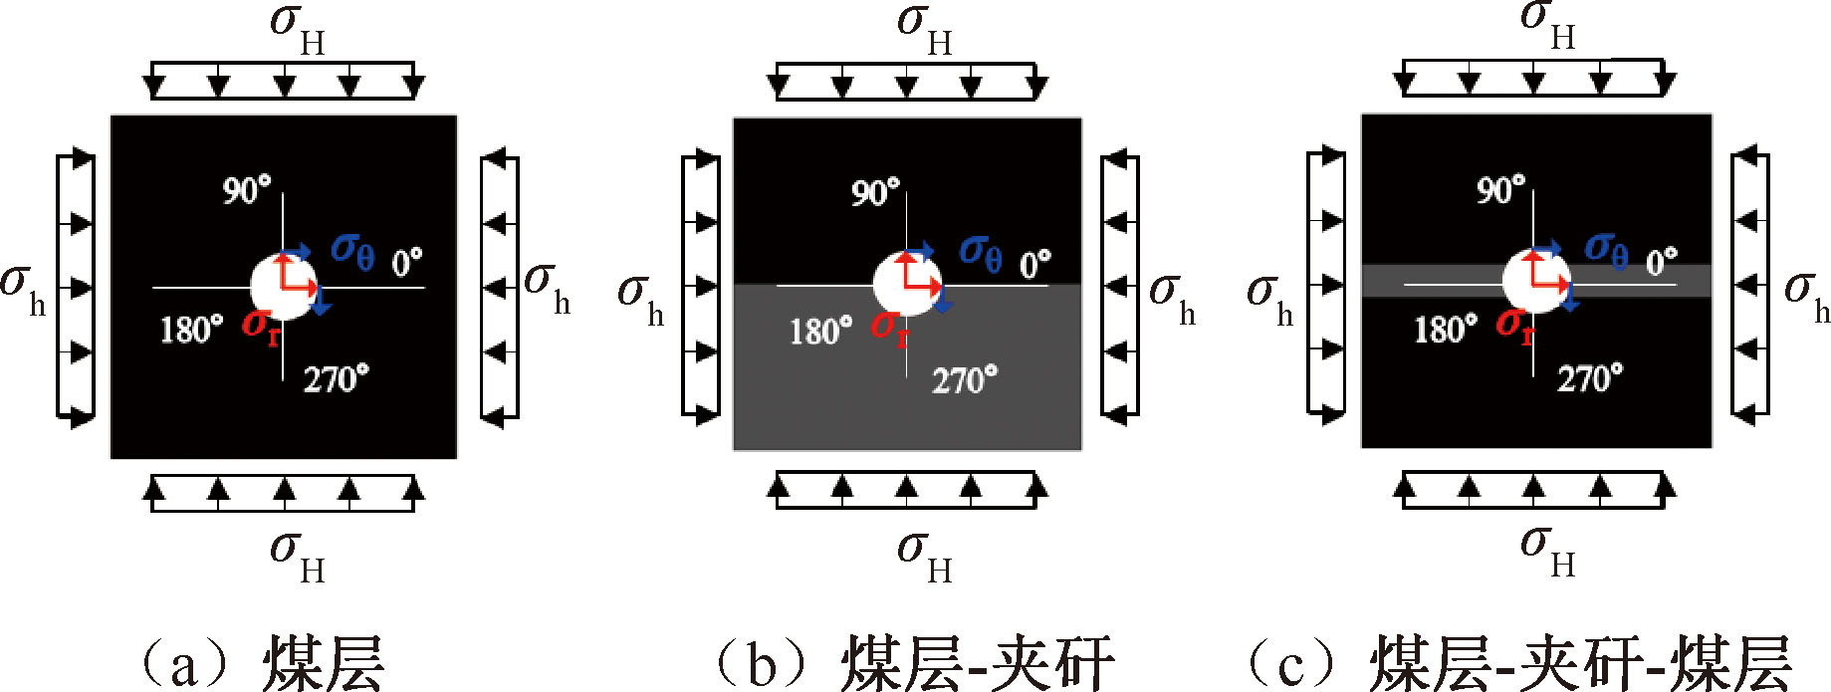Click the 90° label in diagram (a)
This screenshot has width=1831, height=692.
pyautogui.click(x=246, y=189)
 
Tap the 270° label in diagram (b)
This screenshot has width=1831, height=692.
pyautogui.click(x=964, y=380)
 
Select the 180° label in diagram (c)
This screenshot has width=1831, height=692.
pyautogui.click(x=1446, y=330)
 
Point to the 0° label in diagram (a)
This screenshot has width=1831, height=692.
pyautogui.click(x=406, y=263)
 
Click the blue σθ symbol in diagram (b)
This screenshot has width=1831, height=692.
pyautogui.click(x=981, y=253)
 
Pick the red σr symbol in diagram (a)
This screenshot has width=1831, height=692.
pyautogui.click(x=261, y=326)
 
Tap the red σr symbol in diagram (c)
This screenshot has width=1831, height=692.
pyautogui.click(x=1514, y=325)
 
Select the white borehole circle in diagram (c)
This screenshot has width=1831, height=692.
pyautogui.click(x=1534, y=282)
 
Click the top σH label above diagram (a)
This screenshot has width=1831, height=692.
pyautogui.click(x=298, y=27)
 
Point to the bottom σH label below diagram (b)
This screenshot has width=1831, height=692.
pyautogui.click(x=925, y=555)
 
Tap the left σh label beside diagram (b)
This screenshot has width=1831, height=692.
pyautogui.click(x=640, y=298)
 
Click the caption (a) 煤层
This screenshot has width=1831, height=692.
pyautogui.click(x=261, y=662)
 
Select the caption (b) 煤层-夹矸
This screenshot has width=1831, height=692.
pyautogui.click(x=914, y=662)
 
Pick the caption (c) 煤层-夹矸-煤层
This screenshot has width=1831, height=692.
pyautogui.click(x=1519, y=662)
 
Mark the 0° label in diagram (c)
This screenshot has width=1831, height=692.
pyautogui.click(x=1661, y=262)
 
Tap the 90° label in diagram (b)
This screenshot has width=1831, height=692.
pyautogui.click(x=875, y=192)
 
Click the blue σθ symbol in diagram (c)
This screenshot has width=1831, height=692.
pyautogui.click(x=1606, y=250)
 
